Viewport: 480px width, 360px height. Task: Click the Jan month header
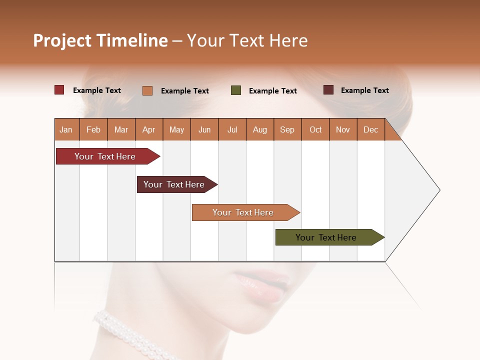[66, 129]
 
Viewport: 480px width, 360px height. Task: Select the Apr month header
[149, 129]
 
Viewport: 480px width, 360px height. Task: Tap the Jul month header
[232, 129]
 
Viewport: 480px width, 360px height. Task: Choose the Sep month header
[287, 129]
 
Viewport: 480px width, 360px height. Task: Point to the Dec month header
[371, 129]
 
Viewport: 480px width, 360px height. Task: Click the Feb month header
[93, 129]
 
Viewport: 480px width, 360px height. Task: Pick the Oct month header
[315, 129]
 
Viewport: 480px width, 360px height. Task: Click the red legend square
[59, 90]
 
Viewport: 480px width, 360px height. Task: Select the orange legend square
[147, 90]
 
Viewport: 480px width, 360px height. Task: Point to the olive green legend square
[236, 90]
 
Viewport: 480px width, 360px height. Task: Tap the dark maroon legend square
[328, 90]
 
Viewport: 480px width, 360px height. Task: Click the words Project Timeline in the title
[100, 40]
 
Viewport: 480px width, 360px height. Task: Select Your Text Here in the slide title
[247, 40]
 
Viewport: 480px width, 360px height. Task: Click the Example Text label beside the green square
[273, 91]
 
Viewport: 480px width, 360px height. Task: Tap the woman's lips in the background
[262, 285]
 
